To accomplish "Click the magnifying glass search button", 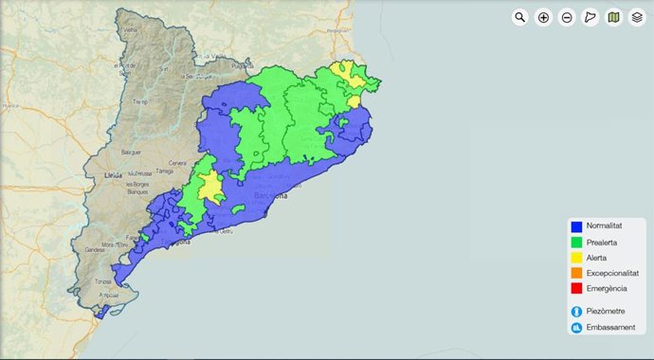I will [x=519, y=17].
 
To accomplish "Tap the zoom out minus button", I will [x=567, y=17].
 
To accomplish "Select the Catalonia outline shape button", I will [x=590, y=17].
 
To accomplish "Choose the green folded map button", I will [x=614, y=17].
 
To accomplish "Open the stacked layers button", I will [x=638, y=17].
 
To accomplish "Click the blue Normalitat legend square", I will [x=575, y=226].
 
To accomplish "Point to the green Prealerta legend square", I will [x=575, y=242].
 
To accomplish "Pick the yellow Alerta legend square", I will [x=575, y=257].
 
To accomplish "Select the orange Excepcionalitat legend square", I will [x=575, y=272].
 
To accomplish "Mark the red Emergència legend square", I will [x=575, y=287].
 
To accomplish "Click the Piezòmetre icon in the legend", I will [x=575, y=311].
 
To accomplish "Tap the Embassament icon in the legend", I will [x=575, y=328].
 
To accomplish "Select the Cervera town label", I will [x=177, y=163].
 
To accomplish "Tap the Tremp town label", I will [x=140, y=101].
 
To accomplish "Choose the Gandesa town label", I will [x=95, y=250].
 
